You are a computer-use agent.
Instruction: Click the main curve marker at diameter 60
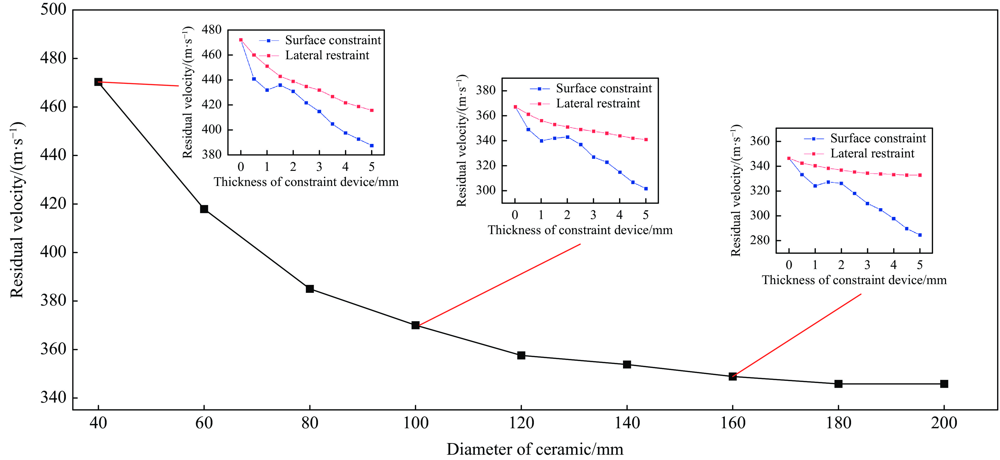point(204,209)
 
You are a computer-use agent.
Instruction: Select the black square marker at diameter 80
point(310,289)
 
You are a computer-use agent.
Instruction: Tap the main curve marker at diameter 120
point(521,355)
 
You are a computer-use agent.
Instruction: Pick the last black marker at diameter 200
point(944,384)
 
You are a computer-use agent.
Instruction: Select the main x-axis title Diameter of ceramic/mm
point(535,449)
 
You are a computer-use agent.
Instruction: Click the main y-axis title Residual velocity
point(17,209)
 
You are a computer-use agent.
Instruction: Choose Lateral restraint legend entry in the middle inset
point(598,104)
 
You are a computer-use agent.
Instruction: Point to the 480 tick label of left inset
point(212,30)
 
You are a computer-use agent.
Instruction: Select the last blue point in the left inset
point(371,145)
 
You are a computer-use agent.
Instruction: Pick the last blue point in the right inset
point(920,235)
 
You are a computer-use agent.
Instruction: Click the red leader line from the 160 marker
point(796,336)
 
